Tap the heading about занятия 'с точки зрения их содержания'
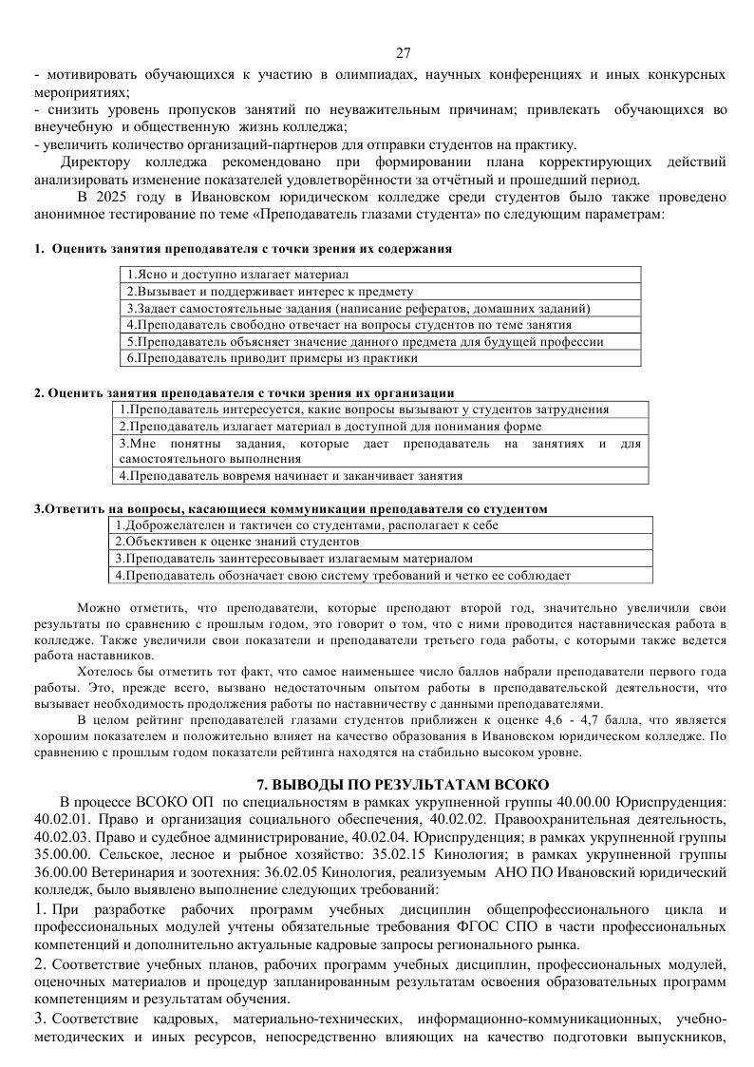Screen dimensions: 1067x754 [x=242, y=248]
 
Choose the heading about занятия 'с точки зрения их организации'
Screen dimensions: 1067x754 [x=243, y=392]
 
